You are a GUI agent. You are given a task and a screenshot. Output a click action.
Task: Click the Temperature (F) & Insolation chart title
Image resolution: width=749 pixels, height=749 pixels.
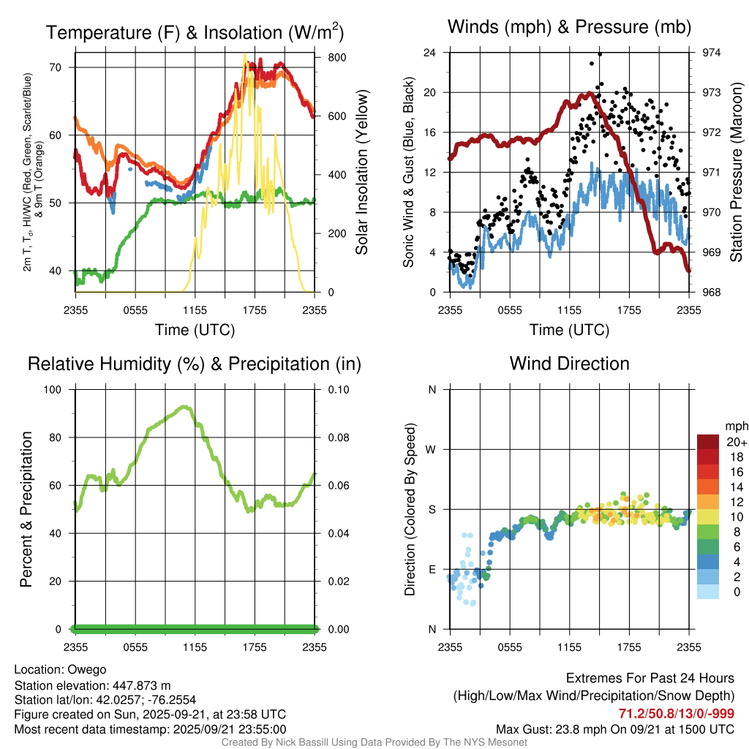pyautogui.click(x=195, y=32)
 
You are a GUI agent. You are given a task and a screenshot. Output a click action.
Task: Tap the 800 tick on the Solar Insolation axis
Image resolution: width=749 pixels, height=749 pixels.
pyautogui.click(x=326, y=57)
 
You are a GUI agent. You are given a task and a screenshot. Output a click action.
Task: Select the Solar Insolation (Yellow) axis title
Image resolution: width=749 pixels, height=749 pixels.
pyautogui.click(x=361, y=173)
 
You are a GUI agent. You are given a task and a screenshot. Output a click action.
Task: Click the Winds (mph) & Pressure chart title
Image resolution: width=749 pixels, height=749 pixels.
pyautogui.click(x=569, y=27)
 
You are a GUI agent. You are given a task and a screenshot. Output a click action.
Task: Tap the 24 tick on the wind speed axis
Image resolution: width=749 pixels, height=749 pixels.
pyautogui.click(x=431, y=53)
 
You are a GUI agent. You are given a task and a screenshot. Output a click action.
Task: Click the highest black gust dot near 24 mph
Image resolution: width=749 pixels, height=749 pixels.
pyautogui.click(x=600, y=54)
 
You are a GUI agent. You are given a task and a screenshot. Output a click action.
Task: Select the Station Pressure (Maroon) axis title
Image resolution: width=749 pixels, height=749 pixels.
pyautogui.click(x=737, y=173)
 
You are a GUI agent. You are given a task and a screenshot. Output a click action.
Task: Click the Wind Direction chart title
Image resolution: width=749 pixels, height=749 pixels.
pyautogui.click(x=569, y=364)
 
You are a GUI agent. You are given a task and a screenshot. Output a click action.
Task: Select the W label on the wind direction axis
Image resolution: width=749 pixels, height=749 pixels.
pyautogui.click(x=432, y=449)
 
